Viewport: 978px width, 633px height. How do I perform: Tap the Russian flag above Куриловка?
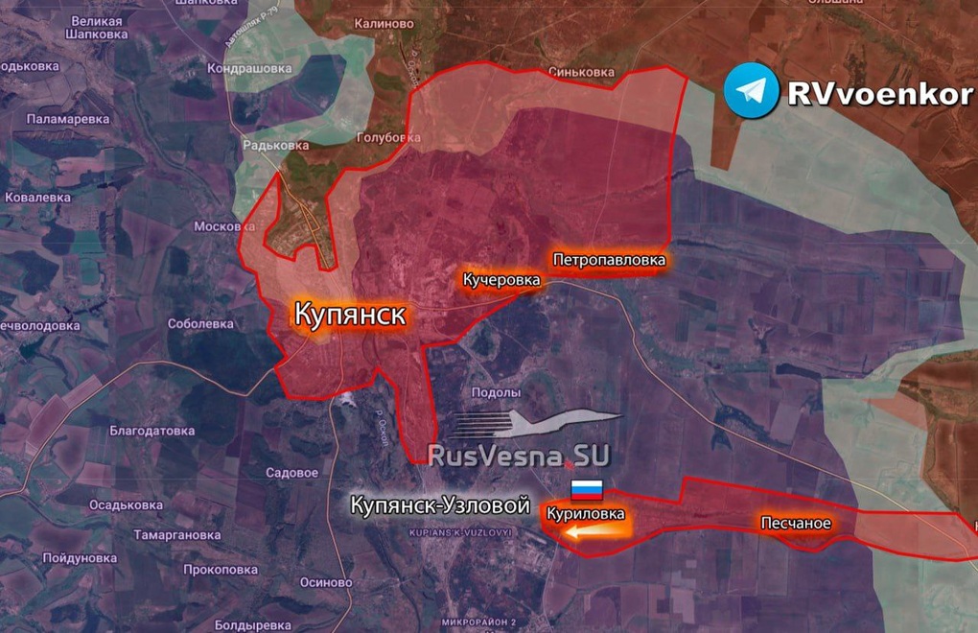click(x=587, y=490)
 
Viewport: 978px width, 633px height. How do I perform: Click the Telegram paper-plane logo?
click(x=751, y=91)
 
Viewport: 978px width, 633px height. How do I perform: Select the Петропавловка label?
click(x=608, y=259)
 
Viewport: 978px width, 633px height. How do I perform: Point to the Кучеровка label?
click(x=501, y=280)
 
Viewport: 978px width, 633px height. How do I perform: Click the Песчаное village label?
click(x=795, y=523)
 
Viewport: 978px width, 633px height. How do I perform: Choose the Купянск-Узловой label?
click(x=439, y=504)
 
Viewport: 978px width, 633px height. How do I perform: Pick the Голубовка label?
click(x=387, y=137)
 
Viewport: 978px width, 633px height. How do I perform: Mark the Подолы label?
click(x=497, y=392)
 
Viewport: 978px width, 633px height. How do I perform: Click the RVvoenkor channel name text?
click(x=879, y=93)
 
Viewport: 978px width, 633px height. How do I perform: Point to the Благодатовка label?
click(x=152, y=431)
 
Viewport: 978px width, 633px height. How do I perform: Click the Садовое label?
click(x=291, y=473)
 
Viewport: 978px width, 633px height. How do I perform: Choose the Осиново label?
click(x=326, y=582)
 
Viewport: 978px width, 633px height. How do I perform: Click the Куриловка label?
click(x=586, y=514)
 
